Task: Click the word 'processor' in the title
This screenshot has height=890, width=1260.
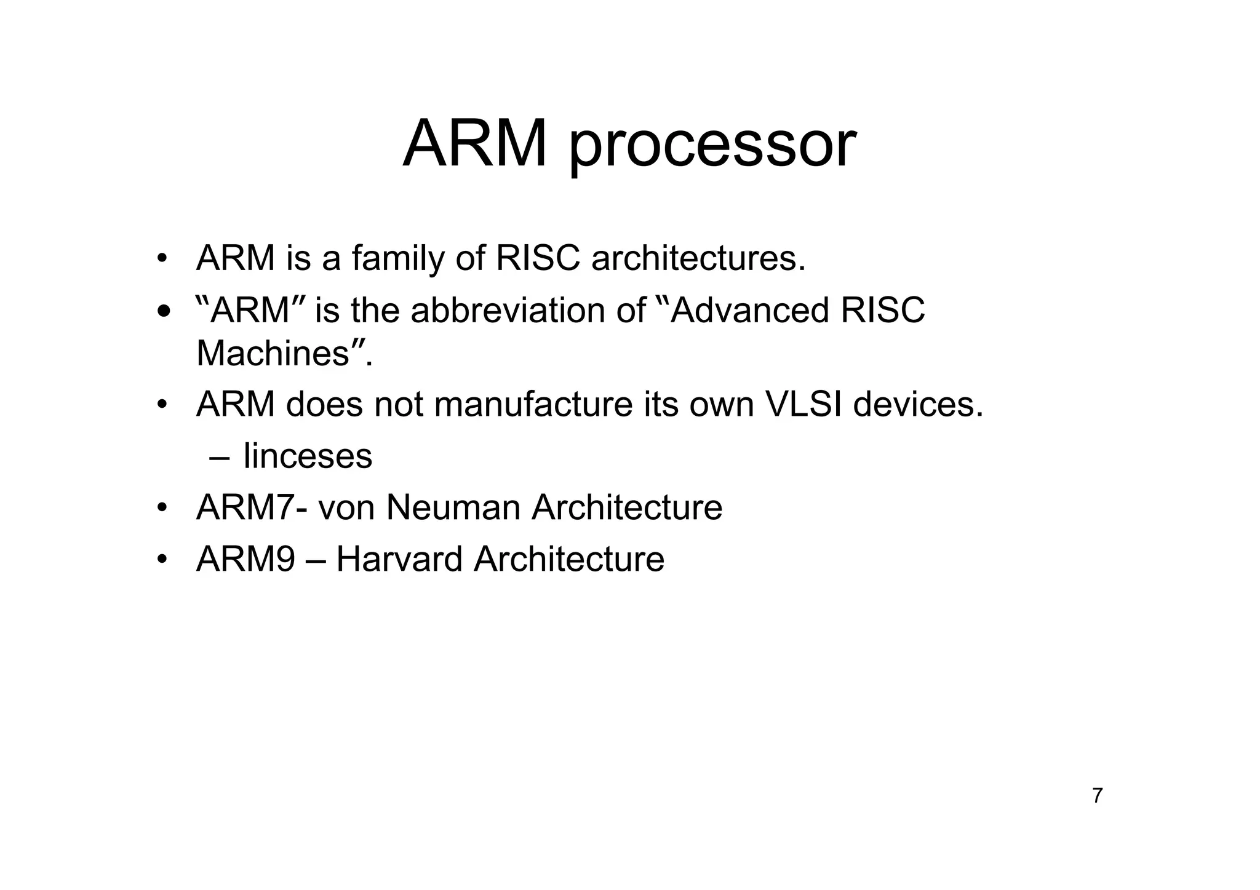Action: coord(712,146)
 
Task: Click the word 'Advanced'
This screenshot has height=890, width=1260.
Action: coord(749,310)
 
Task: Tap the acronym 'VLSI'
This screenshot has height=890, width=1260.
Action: coord(802,404)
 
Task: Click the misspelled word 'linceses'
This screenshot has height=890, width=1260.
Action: coord(308,456)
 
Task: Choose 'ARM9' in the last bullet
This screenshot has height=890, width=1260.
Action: coord(245,559)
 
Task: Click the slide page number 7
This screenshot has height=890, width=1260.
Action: coord(1097,796)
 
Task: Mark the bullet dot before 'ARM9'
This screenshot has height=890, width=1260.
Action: coord(162,560)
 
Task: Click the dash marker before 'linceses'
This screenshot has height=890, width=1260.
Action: coord(218,457)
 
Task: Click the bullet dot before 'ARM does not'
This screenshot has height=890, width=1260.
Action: coord(162,405)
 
